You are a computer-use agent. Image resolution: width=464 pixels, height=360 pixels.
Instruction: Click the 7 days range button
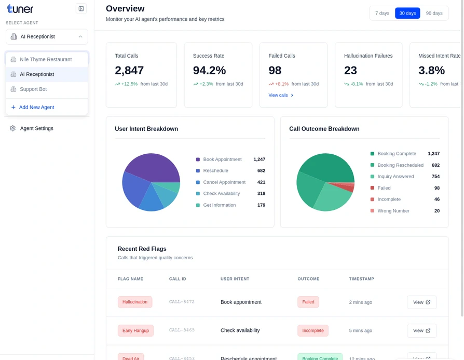382,13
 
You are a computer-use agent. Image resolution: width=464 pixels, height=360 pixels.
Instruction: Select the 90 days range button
434,13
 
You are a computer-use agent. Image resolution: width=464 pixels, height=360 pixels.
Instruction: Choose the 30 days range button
407,13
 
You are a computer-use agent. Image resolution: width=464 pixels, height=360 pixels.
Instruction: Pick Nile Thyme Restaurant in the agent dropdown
46,59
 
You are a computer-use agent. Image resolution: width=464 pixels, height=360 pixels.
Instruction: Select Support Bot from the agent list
33,89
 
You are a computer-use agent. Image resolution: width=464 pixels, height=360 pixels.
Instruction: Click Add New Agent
36,107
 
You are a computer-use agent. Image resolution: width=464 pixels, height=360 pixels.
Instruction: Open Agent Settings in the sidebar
36,128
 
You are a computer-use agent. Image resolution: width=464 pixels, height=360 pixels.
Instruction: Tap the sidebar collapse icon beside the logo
81,8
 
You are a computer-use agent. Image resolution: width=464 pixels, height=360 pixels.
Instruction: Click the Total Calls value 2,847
129,70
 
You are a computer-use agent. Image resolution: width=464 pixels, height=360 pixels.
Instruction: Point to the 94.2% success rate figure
209,70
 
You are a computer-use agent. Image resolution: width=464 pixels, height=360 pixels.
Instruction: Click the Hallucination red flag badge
135,302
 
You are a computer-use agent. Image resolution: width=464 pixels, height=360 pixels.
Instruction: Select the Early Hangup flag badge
135,330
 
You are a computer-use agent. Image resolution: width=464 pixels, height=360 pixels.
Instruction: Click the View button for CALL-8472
421,302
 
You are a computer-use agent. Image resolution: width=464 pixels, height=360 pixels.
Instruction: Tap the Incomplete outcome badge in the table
312,330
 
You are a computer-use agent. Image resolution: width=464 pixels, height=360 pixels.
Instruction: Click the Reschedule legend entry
215,170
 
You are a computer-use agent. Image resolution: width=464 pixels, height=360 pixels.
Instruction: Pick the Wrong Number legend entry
393,211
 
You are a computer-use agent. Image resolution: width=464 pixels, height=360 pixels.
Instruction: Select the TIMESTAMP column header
361,279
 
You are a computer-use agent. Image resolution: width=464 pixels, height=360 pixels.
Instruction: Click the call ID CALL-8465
182,330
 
